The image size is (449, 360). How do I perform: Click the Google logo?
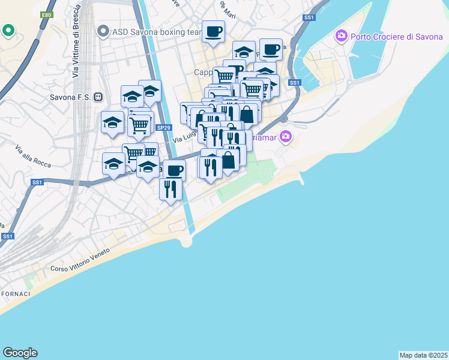point(20,353)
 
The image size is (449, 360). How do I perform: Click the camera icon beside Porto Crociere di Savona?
point(342,36)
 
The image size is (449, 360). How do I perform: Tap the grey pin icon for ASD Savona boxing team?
point(103,31)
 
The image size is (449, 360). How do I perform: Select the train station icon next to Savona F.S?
point(98,97)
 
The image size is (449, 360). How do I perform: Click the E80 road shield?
point(47,14)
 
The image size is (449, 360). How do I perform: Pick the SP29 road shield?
point(163,127)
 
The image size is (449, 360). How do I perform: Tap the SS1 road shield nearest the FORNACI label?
point(8,236)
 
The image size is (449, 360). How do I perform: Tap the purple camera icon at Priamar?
point(285,137)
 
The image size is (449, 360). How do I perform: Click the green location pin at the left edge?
point(8,29)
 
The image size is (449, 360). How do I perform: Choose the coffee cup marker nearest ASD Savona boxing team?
point(212,32)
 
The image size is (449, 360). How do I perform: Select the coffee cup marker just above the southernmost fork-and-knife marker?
point(174,170)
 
